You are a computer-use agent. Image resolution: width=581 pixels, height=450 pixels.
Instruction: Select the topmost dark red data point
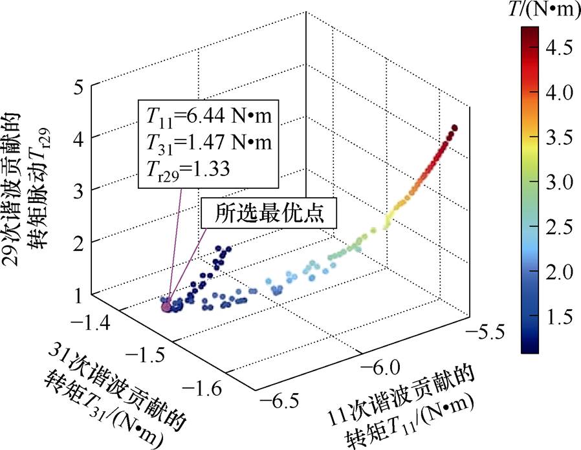pos(454,128)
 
